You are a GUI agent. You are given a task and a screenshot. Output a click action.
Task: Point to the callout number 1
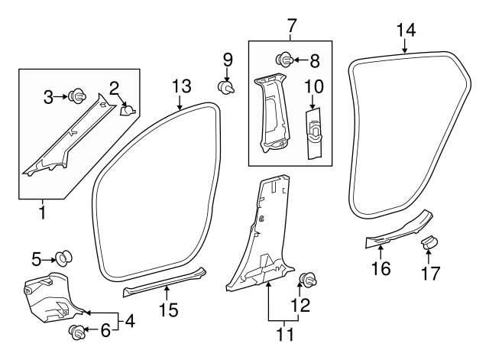[42, 210]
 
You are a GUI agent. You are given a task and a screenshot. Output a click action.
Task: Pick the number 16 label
[381, 268]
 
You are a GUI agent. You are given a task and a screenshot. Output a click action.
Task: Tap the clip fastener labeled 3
[76, 96]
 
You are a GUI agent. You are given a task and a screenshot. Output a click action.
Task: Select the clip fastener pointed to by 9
[227, 86]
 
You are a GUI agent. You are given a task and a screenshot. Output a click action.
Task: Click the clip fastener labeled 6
[76, 332]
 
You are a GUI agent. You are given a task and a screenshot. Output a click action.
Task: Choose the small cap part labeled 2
[128, 110]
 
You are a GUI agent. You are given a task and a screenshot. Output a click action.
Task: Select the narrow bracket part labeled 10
[313, 134]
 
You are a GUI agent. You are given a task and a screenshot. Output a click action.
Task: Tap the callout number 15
[169, 310]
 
